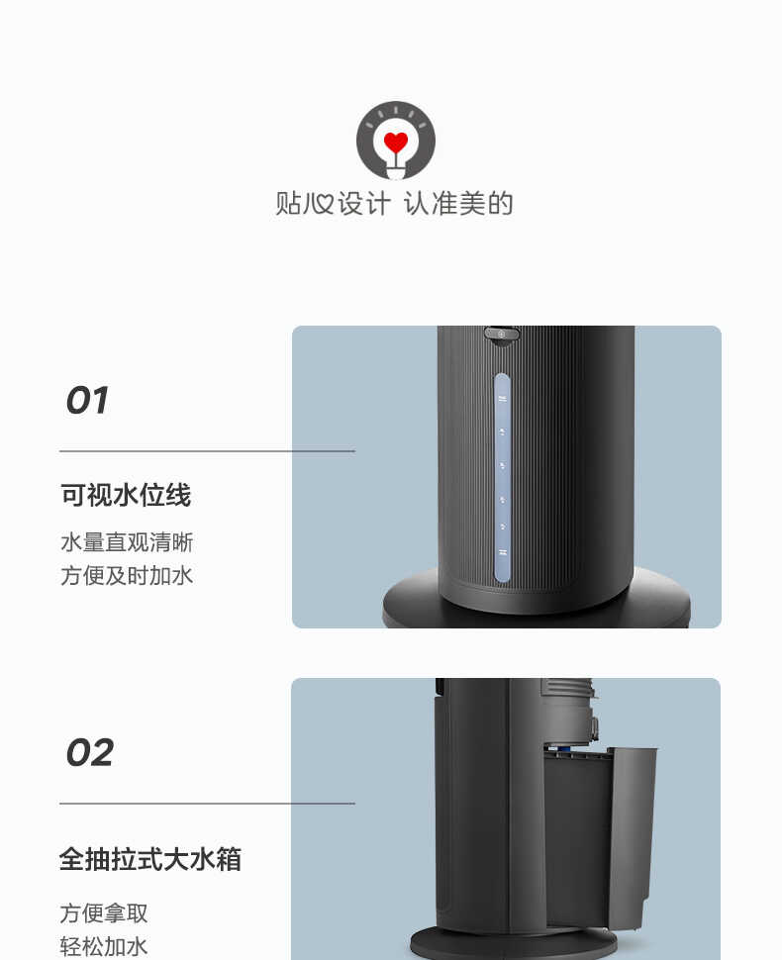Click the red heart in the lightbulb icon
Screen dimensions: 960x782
click(396, 143)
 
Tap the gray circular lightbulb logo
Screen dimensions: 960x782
click(396, 140)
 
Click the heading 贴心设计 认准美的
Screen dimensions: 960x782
click(394, 204)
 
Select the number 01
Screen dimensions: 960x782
click(87, 401)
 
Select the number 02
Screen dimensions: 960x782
click(89, 753)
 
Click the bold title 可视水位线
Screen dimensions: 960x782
click(126, 495)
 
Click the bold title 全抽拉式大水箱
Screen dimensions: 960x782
click(150, 858)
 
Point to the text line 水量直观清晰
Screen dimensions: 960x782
click(127, 542)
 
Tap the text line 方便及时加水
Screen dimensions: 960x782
click(127, 575)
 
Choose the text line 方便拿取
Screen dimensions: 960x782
click(104, 913)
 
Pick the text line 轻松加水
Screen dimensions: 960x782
click(104, 946)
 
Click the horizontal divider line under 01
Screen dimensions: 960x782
click(207, 451)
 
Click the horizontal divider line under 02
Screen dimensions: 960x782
click(207, 804)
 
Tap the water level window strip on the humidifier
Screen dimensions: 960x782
click(502, 477)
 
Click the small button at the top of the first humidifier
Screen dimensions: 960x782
click(502, 335)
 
